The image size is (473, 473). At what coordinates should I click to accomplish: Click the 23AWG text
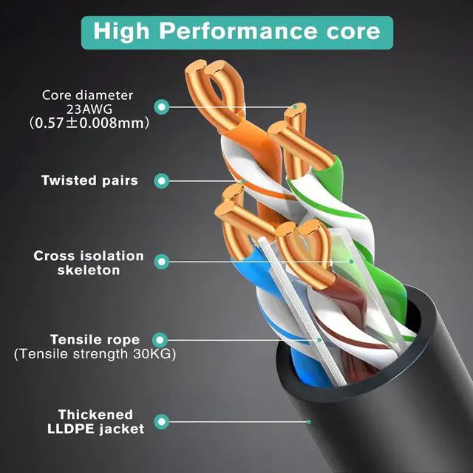[88, 108]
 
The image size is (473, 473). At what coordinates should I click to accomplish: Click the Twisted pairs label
[89, 180]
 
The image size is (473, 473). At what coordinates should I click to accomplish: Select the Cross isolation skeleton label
[89, 262]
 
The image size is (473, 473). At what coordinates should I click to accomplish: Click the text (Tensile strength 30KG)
[95, 355]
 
